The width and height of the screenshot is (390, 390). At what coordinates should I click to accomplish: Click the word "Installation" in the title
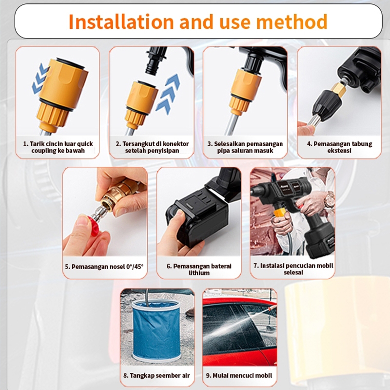tap(121, 21)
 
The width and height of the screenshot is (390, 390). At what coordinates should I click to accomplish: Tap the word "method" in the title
tap(292, 21)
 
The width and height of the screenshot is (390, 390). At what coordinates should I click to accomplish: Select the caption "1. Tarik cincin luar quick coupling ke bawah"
tap(58, 147)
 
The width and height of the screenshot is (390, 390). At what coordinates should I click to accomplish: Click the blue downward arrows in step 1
tap(40, 78)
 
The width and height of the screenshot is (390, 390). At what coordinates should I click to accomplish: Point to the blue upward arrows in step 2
tap(168, 94)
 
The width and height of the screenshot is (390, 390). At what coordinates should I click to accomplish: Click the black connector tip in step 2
tap(156, 60)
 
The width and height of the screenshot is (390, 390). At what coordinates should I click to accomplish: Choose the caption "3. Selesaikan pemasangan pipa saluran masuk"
tap(245, 147)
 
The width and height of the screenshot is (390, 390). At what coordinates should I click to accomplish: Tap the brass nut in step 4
tap(339, 90)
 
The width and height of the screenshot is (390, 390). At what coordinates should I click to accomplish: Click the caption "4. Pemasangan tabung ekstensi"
tap(339, 147)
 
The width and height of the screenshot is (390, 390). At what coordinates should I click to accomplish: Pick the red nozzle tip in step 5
tap(93, 225)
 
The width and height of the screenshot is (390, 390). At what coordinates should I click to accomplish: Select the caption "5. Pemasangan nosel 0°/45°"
tap(104, 267)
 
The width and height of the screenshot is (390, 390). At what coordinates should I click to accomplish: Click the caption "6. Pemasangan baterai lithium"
tap(199, 270)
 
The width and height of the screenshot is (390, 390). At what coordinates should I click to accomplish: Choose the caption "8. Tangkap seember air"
tap(156, 375)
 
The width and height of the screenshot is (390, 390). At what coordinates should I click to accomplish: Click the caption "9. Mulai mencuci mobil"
tap(239, 375)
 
